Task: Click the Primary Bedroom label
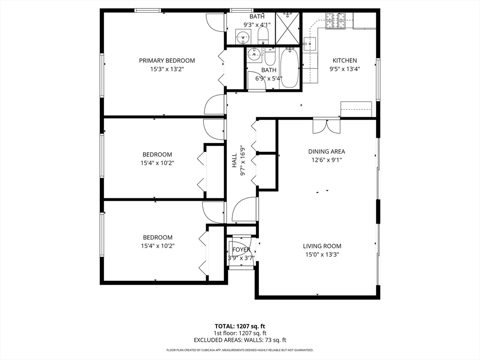coord(167,60)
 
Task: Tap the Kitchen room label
coord(345,60)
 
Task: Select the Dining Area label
coord(327,151)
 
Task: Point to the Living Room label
coord(322,246)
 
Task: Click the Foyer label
coord(241,250)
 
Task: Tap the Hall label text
coord(234,160)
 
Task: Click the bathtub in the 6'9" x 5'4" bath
coord(289,67)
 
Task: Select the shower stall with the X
coord(287,29)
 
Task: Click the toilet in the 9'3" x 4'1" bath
coord(263,35)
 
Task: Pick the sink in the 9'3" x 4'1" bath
coord(243,37)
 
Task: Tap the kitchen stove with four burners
coord(336,21)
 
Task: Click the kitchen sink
coord(309,44)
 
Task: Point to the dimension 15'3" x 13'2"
coord(167,69)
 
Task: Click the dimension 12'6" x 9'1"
coord(327,160)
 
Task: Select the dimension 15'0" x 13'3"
coord(322,255)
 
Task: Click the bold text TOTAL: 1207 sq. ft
coord(240,326)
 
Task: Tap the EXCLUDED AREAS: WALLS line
coord(240,340)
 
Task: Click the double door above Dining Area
coord(326,127)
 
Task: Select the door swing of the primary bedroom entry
coord(215,105)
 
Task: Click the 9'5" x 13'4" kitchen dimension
coord(345,69)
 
